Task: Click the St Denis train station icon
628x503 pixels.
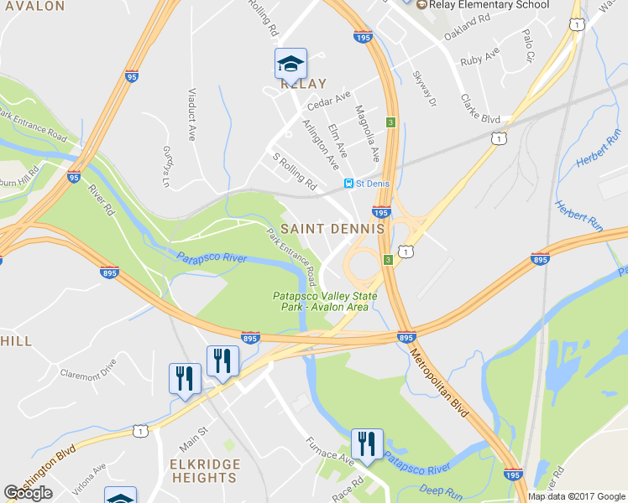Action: [x=348, y=183]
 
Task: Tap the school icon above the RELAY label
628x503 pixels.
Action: [x=290, y=63]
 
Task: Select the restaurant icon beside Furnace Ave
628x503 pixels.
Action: [x=367, y=443]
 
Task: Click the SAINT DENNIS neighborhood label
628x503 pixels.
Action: [x=332, y=228]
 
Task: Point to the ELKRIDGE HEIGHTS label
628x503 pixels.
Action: [x=204, y=470]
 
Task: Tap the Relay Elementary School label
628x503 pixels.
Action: [x=489, y=5]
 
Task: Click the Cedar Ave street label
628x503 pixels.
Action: [x=329, y=101]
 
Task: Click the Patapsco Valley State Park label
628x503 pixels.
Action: [x=325, y=301]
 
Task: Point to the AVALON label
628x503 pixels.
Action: [x=32, y=6]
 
